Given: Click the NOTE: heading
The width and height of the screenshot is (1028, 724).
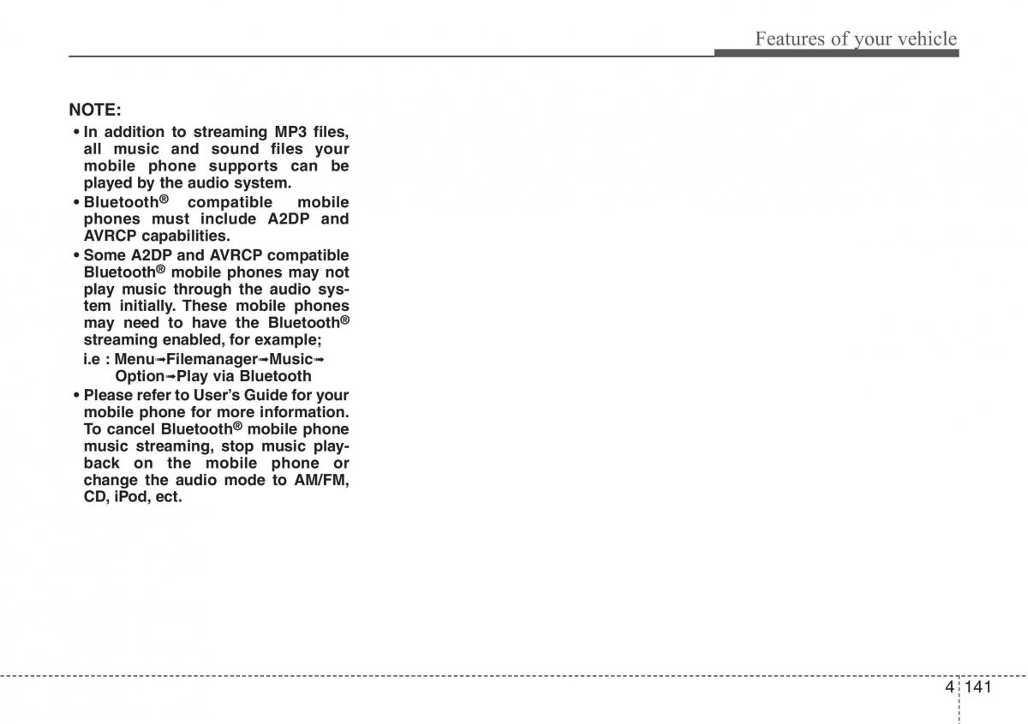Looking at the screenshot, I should [95, 110].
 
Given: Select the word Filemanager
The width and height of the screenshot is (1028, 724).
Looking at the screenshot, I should [212, 359].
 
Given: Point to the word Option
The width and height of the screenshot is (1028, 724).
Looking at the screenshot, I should [140, 376].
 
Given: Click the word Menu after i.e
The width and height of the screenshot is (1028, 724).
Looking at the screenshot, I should [134, 359].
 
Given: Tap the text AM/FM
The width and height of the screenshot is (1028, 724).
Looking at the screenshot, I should [322, 480].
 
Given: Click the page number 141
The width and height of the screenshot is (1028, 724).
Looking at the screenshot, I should [977, 687].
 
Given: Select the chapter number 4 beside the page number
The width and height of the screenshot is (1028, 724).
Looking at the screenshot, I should [949, 687].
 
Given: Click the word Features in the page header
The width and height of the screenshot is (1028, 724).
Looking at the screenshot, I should [787, 39].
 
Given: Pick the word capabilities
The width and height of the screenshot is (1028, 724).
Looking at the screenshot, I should [186, 236].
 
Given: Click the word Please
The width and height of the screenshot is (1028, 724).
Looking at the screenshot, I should [109, 395].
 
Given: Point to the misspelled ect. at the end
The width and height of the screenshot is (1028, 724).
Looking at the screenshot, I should [169, 497].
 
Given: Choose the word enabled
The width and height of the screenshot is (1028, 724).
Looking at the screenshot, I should [188, 340].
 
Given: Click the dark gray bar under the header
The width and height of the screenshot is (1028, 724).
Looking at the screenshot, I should [836, 53].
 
